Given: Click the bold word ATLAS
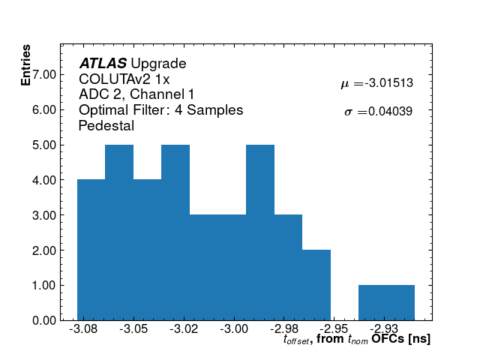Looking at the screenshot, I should (103, 64).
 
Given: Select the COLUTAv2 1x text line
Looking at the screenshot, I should (124, 79).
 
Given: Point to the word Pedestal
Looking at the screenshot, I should (106, 126).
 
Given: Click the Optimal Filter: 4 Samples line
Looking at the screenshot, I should (160, 110).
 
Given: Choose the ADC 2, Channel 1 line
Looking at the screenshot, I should (136, 94).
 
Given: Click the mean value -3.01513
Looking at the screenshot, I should (388, 83).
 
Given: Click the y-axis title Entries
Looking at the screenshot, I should (26, 65).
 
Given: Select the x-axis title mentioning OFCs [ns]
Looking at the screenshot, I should (357, 340).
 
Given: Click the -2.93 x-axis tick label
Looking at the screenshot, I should (385, 329).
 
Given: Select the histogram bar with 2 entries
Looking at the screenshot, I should (316, 285).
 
